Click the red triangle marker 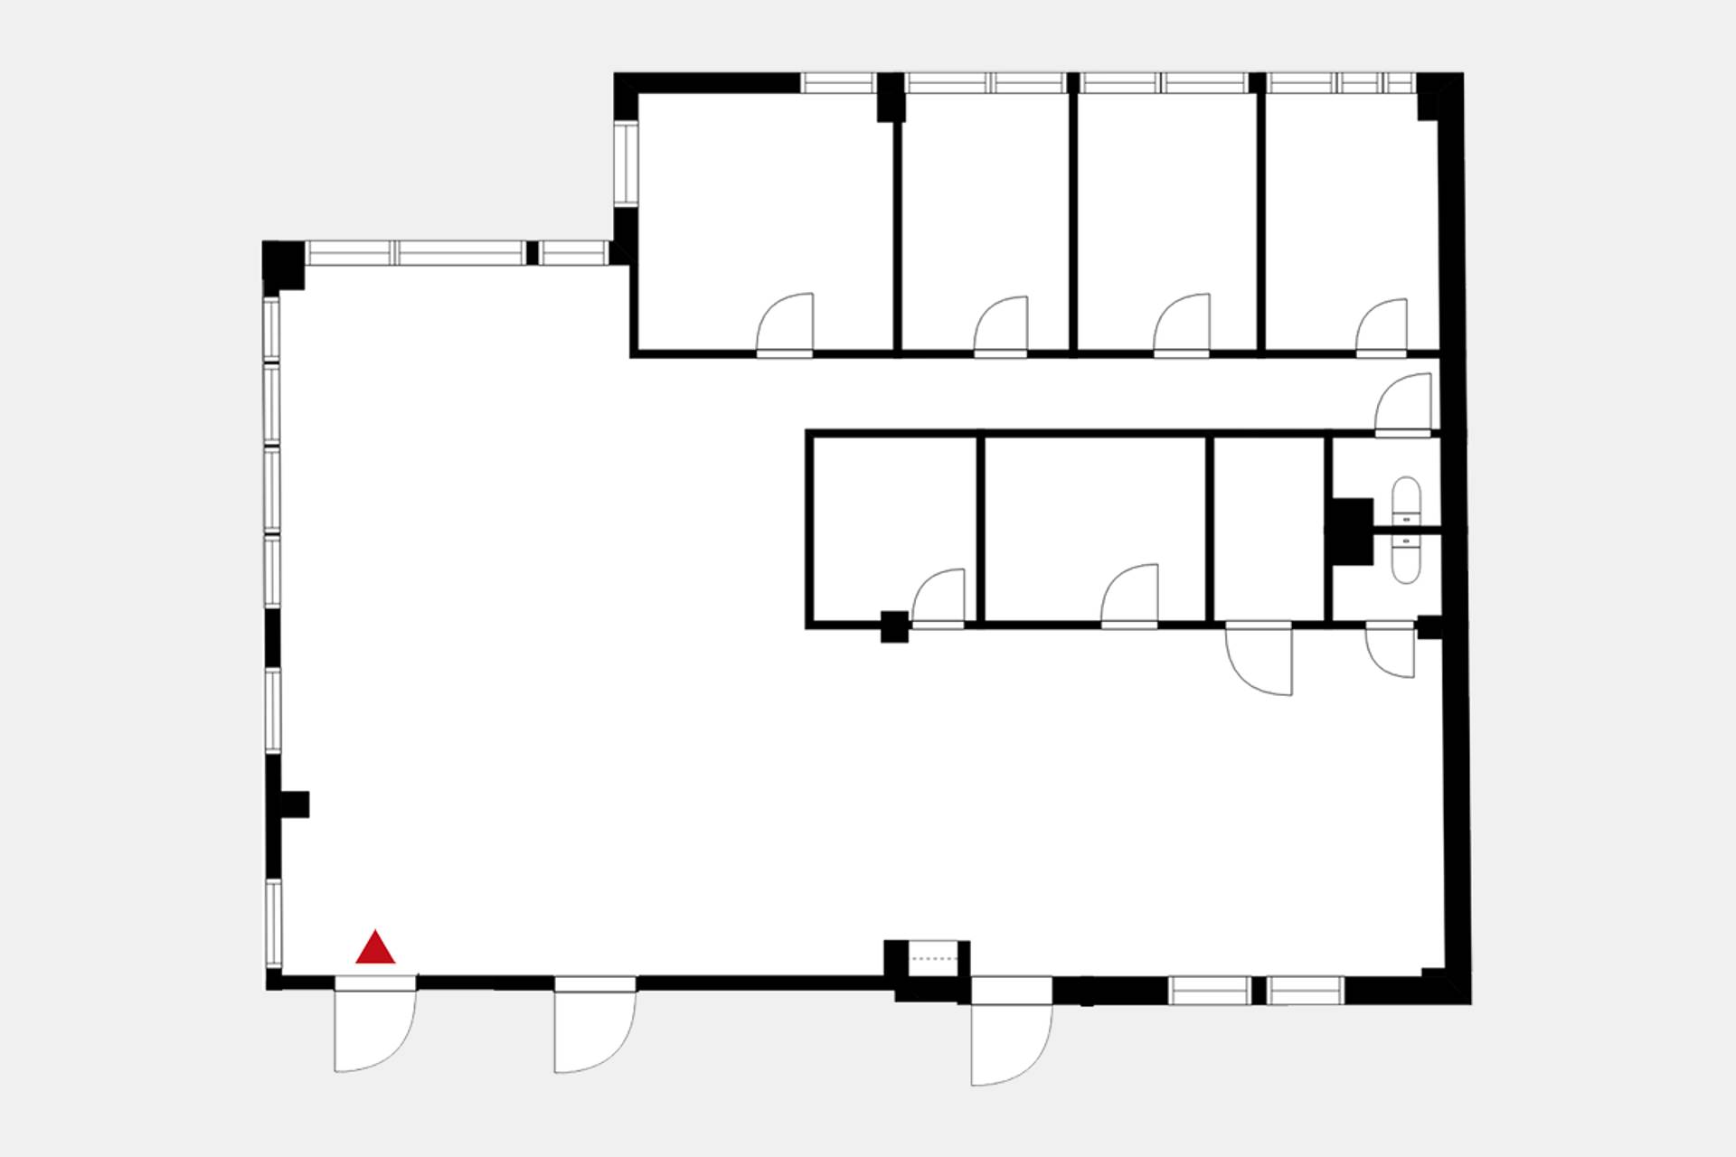pyautogui.click(x=375, y=948)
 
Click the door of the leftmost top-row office pyautogui.click(x=786, y=325)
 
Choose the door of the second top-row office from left pyautogui.click(x=1002, y=327)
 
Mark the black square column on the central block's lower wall pyautogui.click(x=894, y=626)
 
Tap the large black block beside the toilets pyautogui.click(x=1350, y=531)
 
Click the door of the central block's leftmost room pyautogui.click(x=939, y=597)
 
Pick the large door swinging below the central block pyautogui.click(x=1260, y=660)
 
